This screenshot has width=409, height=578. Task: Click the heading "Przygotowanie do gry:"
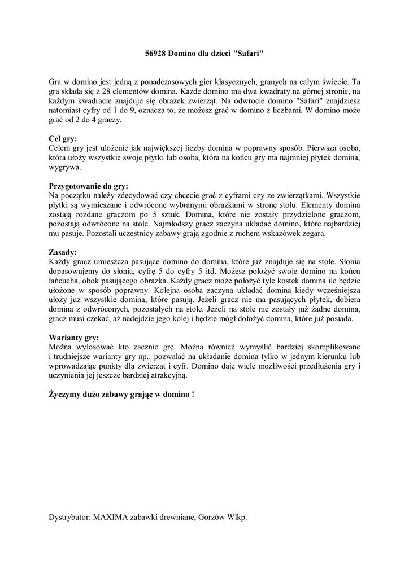[x=89, y=186]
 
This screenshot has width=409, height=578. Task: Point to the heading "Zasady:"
[x=63, y=252]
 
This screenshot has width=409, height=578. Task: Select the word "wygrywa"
[x=64, y=167]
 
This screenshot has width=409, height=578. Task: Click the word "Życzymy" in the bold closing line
[x=66, y=395]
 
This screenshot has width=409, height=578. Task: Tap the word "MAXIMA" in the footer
[x=112, y=517]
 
